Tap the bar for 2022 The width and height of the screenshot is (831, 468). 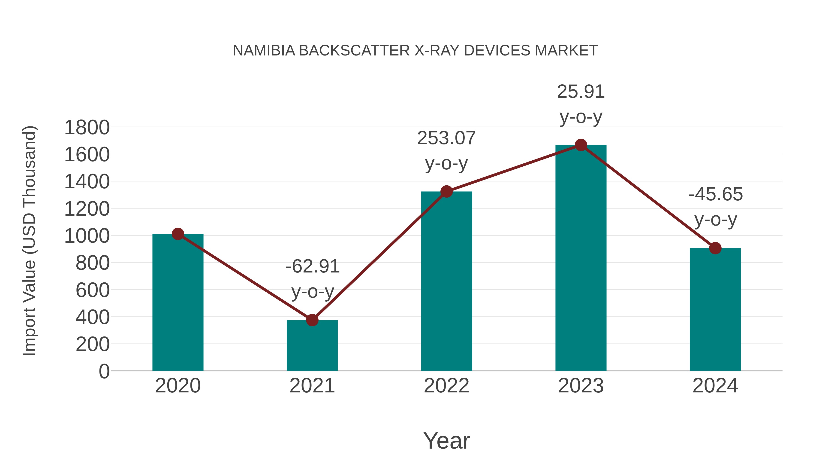446,281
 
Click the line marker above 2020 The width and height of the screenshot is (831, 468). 178,234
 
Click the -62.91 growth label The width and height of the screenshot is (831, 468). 312,266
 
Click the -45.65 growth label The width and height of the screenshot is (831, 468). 715,194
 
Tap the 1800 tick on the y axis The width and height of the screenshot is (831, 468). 87,128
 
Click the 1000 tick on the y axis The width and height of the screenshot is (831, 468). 87,236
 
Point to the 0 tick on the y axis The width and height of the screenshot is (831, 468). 104,371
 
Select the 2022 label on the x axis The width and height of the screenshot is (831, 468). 446,386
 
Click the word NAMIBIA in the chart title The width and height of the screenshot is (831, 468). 264,50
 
